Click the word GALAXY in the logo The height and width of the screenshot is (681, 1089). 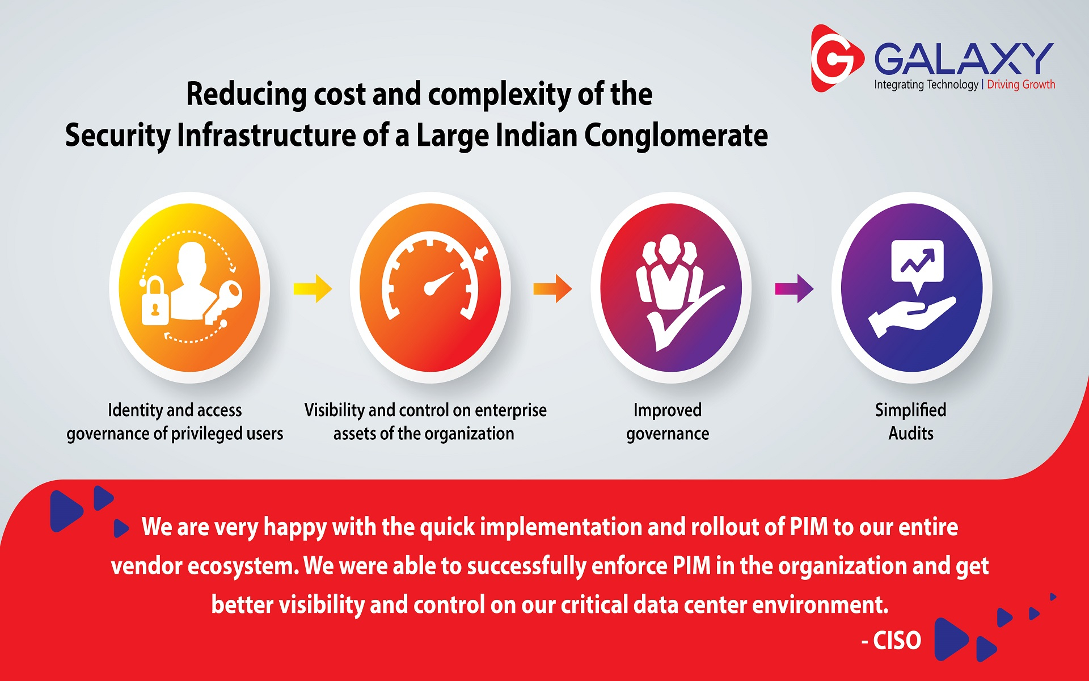963,58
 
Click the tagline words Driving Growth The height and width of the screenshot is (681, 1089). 1021,85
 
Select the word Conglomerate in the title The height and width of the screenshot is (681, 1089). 676,136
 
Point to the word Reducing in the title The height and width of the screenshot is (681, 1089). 246,94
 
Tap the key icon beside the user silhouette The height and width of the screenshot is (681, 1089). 223,302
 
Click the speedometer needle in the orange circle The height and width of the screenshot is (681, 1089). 439,283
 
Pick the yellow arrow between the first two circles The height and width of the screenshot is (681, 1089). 313,288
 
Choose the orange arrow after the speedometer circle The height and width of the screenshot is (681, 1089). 552,288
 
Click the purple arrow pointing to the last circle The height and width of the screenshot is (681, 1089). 794,288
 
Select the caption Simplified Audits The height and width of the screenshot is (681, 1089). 911,422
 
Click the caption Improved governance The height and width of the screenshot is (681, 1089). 668,422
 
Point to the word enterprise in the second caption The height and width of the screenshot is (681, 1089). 510,410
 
